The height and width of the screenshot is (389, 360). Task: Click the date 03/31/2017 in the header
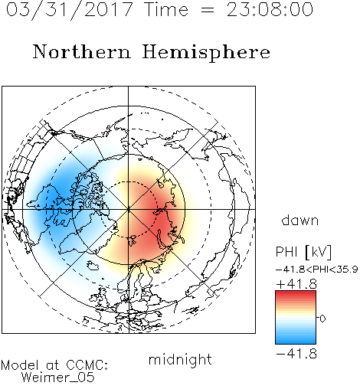pos(69,10)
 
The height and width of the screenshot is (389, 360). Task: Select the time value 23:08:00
pos(270,10)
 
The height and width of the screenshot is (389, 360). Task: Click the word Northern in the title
pos(82,51)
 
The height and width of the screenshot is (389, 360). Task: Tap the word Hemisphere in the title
pos(206,52)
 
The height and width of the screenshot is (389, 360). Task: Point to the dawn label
pos(300,221)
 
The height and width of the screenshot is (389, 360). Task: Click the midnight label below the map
pos(180,360)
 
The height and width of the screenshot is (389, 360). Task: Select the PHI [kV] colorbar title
pos(303,252)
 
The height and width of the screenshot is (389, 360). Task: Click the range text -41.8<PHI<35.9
pos(317,270)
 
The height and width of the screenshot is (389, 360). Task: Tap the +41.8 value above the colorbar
pos(296,284)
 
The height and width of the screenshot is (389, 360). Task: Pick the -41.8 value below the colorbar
pos(296,354)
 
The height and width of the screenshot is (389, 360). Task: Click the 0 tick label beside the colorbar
pos(322,319)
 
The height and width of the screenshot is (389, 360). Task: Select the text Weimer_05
pos(58,378)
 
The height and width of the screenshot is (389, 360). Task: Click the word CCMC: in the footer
pos(87,365)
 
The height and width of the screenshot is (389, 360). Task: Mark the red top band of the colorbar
pos(296,293)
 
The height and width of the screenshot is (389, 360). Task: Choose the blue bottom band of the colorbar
pos(296,342)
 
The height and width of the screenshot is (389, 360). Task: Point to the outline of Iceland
pos(93,265)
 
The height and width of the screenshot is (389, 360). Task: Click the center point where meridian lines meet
pos(129,209)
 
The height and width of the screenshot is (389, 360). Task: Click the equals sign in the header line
pos(207,10)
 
